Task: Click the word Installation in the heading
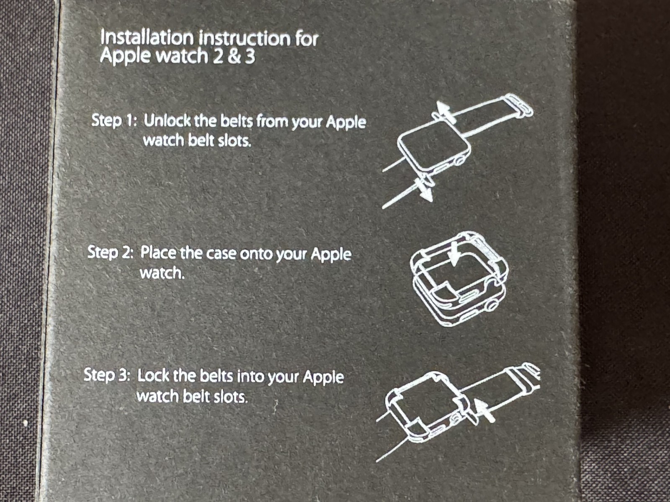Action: [147, 38]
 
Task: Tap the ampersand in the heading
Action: [234, 57]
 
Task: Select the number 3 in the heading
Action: [250, 57]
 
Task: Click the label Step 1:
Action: [114, 120]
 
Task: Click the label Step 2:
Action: [111, 252]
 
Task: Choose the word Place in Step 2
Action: [158, 253]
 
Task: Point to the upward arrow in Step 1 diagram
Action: [443, 112]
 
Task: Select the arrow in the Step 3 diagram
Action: [485, 410]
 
